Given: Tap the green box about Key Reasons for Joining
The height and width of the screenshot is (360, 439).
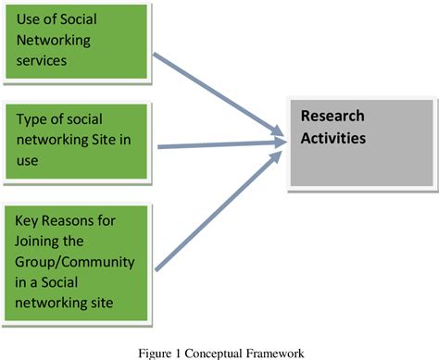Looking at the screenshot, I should click(x=75, y=253).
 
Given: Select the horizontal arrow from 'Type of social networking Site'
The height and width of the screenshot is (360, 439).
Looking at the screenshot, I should click(x=218, y=144).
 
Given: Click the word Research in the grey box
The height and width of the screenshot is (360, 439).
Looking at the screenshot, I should click(x=332, y=117).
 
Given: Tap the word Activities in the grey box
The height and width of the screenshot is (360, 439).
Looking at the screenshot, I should click(x=332, y=138).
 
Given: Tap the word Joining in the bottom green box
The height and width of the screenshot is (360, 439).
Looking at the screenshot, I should click(x=41, y=242).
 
